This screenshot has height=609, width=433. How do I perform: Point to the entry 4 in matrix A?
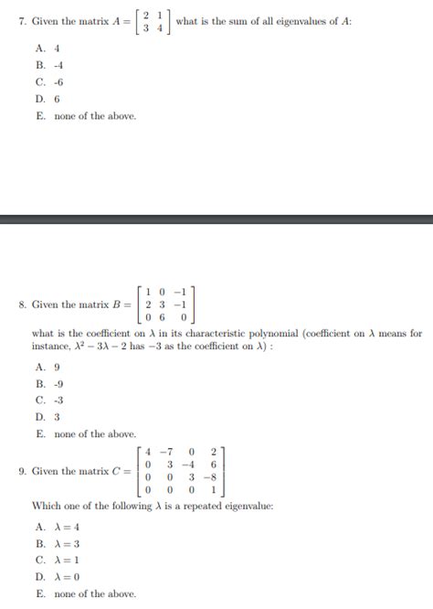coord(160,28)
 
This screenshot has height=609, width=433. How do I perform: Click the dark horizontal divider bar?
coord(216,219)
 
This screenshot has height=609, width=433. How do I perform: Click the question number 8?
coord(21,304)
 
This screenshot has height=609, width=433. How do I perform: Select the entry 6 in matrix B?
coord(163,317)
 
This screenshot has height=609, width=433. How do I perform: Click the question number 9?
coord(21,471)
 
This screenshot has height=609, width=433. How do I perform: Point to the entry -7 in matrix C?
coord(165,451)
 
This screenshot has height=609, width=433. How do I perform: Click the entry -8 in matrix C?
coord(211,476)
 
